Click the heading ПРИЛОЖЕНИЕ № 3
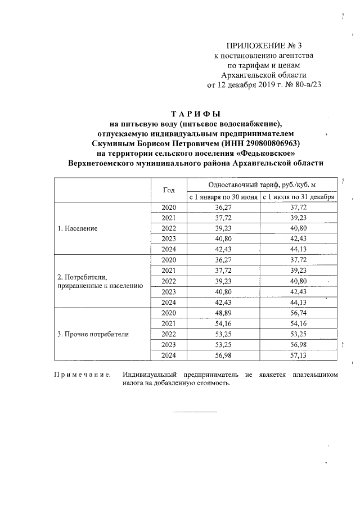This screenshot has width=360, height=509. [260, 46]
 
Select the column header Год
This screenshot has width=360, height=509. [169, 190]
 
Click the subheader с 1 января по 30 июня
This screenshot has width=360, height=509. [223, 197]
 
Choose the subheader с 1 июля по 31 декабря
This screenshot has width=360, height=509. [299, 197]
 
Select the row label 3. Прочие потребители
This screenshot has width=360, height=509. [93, 334]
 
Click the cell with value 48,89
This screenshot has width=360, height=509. [223, 312]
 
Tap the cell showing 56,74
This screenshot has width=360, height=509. [299, 312]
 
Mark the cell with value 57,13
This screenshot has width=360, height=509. [299, 355]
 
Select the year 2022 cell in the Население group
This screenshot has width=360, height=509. [169, 228]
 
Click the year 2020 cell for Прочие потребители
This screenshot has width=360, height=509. [169, 312]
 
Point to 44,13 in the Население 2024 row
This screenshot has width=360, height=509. [299, 249]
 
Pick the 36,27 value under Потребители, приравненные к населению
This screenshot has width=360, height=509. [223, 260]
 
